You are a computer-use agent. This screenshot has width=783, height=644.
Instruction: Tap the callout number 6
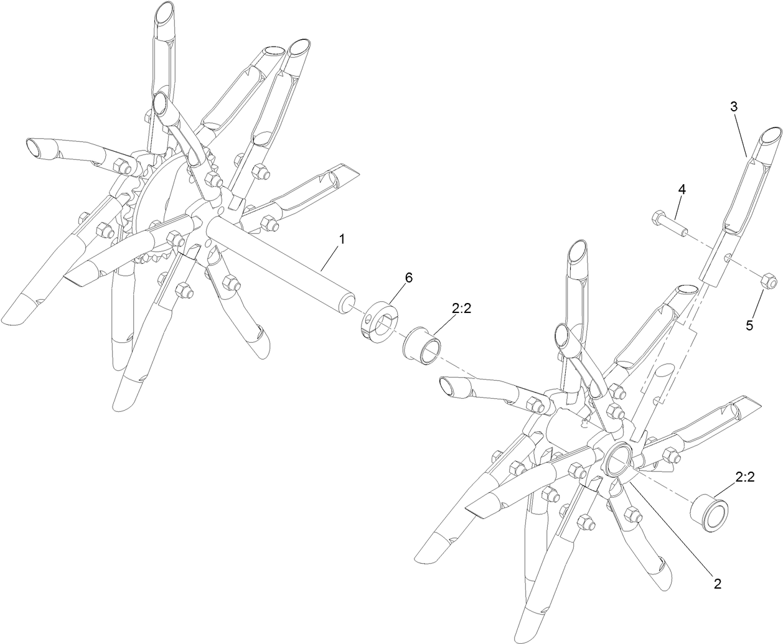click(x=408, y=278)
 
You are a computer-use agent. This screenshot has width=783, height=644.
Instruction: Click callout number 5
click(x=749, y=324)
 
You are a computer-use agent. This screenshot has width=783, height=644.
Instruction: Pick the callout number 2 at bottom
click(x=717, y=584)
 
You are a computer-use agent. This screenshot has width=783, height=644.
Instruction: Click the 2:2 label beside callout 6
click(x=462, y=307)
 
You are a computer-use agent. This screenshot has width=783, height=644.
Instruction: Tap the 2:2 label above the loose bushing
click(x=744, y=477)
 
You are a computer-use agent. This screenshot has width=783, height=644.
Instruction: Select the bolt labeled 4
click(x=669, y=224)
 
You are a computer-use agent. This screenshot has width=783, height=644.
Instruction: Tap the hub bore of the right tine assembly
click(x=619, y=464)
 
